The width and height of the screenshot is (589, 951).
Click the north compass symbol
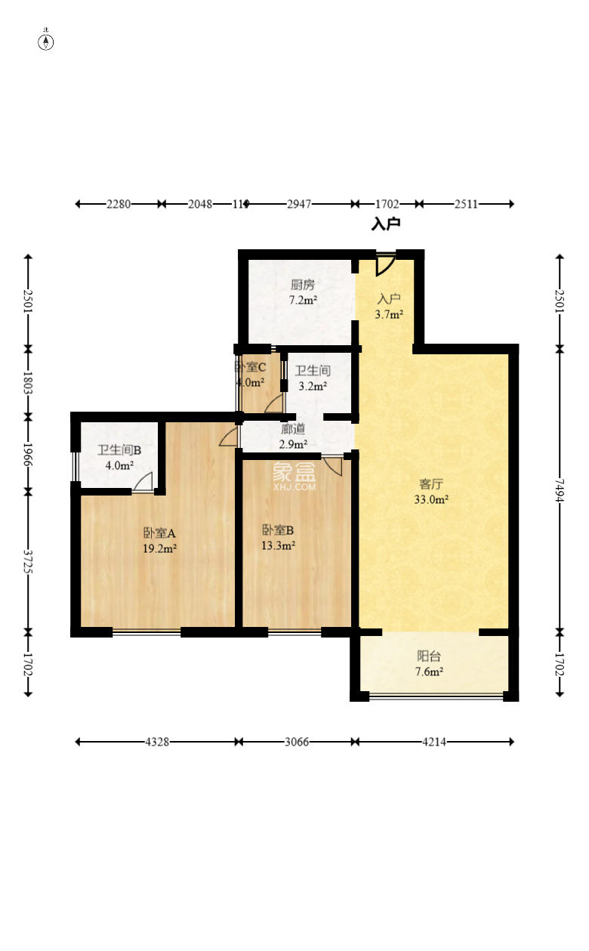(x=46, y=41)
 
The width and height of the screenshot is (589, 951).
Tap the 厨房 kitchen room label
(x=302, y=285)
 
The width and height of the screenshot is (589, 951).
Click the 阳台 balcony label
(x=429, y=656)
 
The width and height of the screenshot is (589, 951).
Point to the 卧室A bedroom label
(x=159, y=533)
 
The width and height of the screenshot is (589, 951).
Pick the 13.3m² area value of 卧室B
(x=279, y=545)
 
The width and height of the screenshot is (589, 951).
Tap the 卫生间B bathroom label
(x=119, y=450)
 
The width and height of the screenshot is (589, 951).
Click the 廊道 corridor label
(x=293, y=428)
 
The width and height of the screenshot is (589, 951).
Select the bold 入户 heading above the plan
(x=385, y=224)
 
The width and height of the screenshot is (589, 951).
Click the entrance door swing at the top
(x=384, y=264)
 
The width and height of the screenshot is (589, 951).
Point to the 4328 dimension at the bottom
(x=157, y=742)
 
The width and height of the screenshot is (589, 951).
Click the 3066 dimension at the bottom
(x=296, y=742)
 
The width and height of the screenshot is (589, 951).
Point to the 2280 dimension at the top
(x=119, y=204)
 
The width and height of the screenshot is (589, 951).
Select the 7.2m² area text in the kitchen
(x=303, y=300)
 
